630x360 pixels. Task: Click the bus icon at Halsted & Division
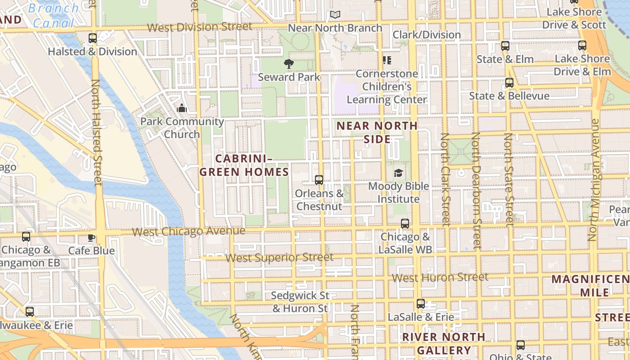tap(93, 38)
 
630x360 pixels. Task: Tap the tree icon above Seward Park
tap(289, 64)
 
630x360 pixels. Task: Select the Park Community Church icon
tap(182, 108)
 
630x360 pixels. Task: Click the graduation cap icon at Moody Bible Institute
tap(398, 173)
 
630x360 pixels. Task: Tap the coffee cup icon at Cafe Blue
tap(91, 238)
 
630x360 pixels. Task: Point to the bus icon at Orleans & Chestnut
tap(319, 180)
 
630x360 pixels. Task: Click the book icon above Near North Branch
tap(335, 15)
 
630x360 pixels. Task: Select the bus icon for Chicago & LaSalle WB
tap(405, 223)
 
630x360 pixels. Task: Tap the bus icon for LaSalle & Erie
tap(421, 304)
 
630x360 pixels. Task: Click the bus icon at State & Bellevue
tap(509, 83)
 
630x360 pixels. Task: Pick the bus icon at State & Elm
tap(505, 46)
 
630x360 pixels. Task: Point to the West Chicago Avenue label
tap(189, 231)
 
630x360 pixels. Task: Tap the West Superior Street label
tap(279, 258)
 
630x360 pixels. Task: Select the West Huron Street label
tap(440, 278)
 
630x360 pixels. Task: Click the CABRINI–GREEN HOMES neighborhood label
tap(244, 165)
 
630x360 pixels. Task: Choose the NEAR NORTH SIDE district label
tap(377, 132)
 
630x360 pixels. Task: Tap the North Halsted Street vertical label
tap(96, 133)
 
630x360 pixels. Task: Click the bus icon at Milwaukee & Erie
tap(30, 311)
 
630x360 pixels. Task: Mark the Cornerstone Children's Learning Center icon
tap(387, 60)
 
